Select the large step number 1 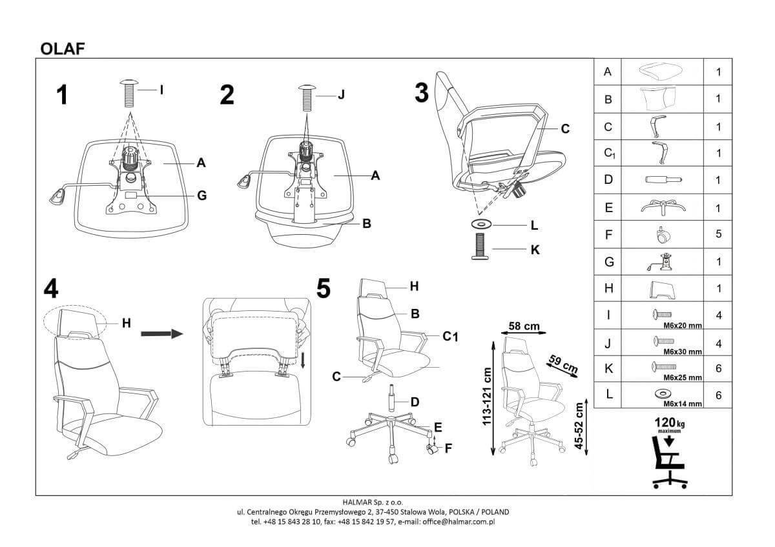[61, 95]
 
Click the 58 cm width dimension [524, 326]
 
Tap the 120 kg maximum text [670, 423]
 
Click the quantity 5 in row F [718, 234]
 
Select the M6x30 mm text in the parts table [682, 352]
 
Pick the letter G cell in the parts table [607, 261]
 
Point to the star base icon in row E [663, 207]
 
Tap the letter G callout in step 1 [201, 195]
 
